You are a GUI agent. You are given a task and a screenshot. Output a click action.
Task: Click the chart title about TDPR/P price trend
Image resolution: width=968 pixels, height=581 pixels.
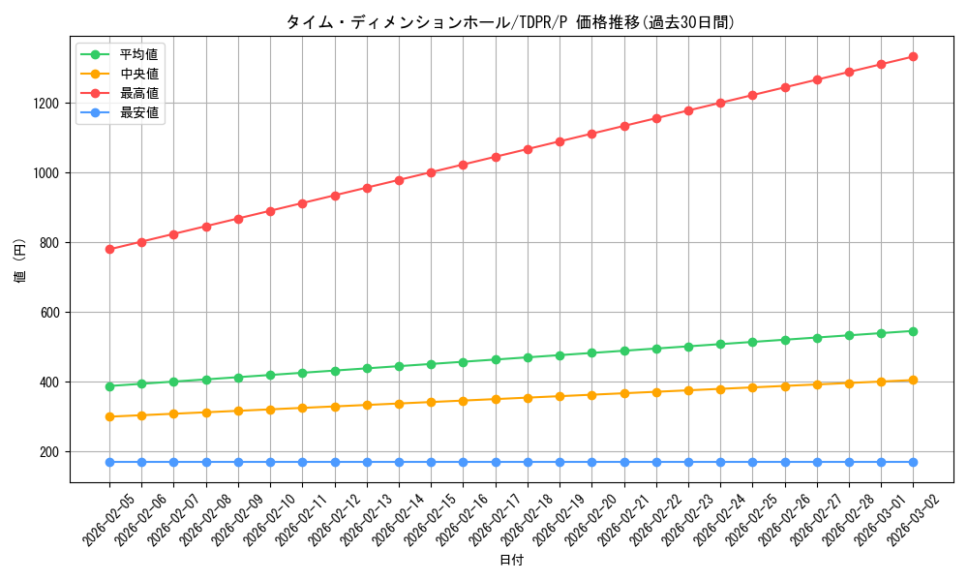click(x=510, y=22)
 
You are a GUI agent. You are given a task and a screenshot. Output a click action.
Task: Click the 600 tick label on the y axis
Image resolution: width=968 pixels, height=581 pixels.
click(x=50, y=313)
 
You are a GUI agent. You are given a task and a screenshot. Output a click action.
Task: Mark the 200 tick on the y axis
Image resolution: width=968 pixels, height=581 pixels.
click(x=50, y=452)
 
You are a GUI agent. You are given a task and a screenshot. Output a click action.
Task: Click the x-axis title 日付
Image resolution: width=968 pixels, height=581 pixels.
click(x=511, y=561)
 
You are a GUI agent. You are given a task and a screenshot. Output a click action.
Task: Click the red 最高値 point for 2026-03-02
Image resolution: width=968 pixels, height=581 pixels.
click(x=913, y=57)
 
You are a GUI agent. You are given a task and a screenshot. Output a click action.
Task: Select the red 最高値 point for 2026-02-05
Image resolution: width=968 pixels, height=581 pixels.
click(x=109, y=249)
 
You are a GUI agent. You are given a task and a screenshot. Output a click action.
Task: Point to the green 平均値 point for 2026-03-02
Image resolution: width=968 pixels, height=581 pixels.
click(x=913, y=331)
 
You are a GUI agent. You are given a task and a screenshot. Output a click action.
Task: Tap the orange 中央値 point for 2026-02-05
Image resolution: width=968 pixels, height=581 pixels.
click(x=109, y=416)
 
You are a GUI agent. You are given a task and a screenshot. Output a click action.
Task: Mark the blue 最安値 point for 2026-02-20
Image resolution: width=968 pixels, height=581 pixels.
click(x=591, y=462)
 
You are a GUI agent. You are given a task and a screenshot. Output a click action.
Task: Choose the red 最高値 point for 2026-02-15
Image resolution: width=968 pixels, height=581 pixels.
click(x=431, y=172)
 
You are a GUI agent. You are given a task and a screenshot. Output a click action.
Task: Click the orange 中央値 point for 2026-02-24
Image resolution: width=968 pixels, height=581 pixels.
click(x=720, y=389)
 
